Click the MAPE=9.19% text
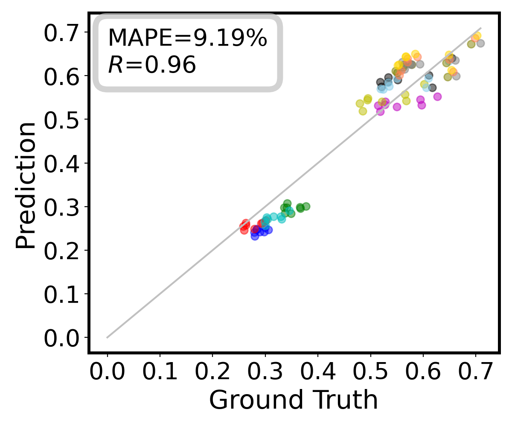pos(188,39)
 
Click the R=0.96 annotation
pos(152,65)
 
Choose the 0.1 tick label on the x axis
pos(160,372)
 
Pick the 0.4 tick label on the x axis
pos(318,372)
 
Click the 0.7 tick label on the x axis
pos(476,372)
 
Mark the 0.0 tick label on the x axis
pos(107,372)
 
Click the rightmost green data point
pos(306,206)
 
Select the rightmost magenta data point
pos(437,97)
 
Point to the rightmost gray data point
pos(480,43)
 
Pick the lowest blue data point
pos(255,236)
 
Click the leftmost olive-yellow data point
pos(360,103)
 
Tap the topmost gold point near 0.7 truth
pos(477,36)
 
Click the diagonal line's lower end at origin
pos(107,337)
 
